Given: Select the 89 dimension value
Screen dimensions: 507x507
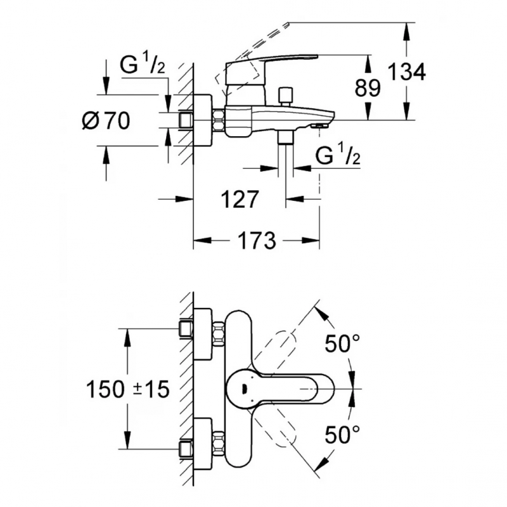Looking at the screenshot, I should [x=368, y=88].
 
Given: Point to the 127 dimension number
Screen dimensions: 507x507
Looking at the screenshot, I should [x=240, y=200].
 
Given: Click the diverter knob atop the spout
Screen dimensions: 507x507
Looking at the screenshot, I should [x=286, y=95].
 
